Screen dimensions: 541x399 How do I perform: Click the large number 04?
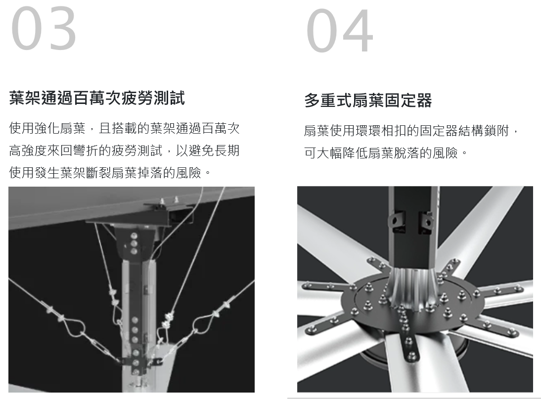pos(340,31)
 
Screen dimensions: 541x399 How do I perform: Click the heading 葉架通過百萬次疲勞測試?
pos(97,98)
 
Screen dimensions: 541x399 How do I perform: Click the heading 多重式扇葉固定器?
pos(368,100)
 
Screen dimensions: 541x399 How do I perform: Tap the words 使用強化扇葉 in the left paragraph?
pos(47,128)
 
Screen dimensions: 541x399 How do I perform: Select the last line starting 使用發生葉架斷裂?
pos(110,172)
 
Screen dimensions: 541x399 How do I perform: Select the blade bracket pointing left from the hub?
pos(328,287)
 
